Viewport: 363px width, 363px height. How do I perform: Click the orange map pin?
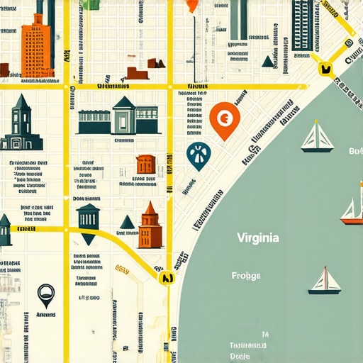click(x=225, y=118)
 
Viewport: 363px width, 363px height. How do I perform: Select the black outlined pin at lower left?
click(x=45, y=292)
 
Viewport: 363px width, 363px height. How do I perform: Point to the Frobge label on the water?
click(x=246, y=276)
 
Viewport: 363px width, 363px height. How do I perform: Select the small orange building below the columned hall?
click(x=145, y=164)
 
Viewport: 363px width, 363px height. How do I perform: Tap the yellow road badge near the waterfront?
click(x=326, y=69)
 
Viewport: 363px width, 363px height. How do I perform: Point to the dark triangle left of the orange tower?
click(x=127, y=223)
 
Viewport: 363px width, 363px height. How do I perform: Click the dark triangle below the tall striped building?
click(x=268, y=62)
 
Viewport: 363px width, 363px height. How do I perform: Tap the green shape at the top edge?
click(x=94, y=4)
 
